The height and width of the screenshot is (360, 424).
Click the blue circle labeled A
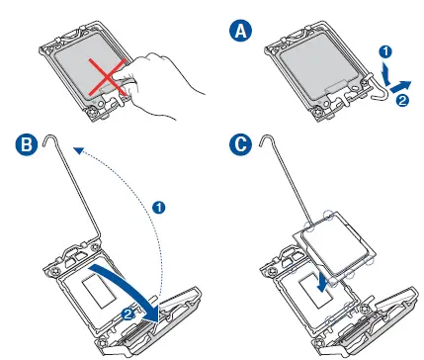[x=240, y=31]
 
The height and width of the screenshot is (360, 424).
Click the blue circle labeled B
[x=27, y=144]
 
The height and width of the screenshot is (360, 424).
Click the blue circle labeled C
[x=240, y=144]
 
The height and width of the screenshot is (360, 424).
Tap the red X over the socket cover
[x=108, y=77]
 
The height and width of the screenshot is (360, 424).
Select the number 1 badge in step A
[x=385, y=51]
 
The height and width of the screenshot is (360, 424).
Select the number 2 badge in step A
[x=402, y=100]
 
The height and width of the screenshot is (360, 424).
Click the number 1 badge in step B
[x=159, y=208]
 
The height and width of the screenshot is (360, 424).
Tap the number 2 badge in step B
[x=127, y=314]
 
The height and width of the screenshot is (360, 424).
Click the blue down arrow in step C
[x=322, y=281]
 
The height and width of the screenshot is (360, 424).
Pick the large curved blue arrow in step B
[x=131, y=289]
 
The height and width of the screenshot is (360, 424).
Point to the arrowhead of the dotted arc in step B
[x=78, y=150]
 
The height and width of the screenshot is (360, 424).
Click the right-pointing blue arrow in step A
[x=400, y=86]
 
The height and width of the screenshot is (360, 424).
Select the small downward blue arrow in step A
[x=386, y=73]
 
